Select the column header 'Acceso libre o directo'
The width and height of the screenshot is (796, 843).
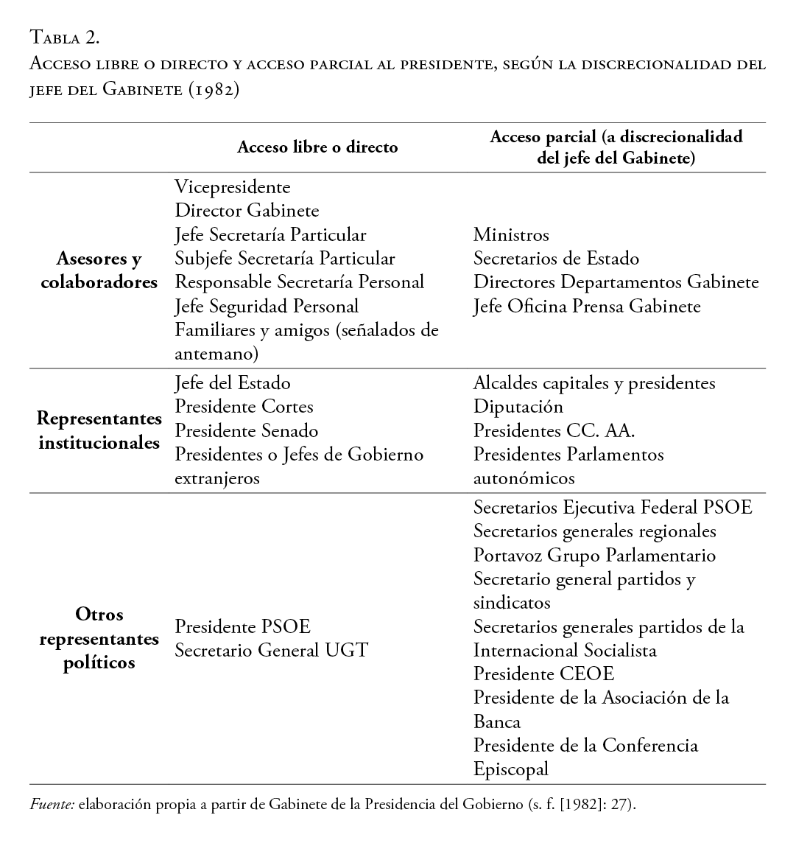click(317, 147)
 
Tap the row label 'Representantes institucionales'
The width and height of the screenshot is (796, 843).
click(99, 431)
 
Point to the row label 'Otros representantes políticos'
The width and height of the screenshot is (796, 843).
click(99, 638)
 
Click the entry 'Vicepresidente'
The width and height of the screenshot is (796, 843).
click(233, 187)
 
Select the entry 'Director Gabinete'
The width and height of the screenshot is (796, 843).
click(247, 211)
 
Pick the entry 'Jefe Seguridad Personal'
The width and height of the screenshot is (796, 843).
click(267, 305)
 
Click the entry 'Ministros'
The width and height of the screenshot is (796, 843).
click(511, 235)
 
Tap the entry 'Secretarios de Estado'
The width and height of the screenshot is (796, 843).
click(556, 259)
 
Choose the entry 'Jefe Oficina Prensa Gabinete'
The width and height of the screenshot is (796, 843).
click(587, 306)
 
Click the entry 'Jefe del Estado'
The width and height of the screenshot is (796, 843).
click(233, 383)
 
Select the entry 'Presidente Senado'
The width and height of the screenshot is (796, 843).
click(247, 430)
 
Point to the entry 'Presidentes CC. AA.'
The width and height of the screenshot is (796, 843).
click(554, 430)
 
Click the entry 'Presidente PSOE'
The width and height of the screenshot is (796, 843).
click(242, 626)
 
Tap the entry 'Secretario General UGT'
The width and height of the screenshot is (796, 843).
click(271, 650)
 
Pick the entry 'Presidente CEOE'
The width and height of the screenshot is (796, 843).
click(543, 674)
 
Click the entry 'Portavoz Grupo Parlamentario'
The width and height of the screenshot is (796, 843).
click(594, 556)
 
